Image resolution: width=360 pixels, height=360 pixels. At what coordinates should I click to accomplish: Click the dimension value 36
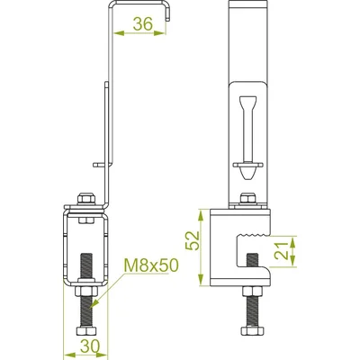(x=140, y=25)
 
